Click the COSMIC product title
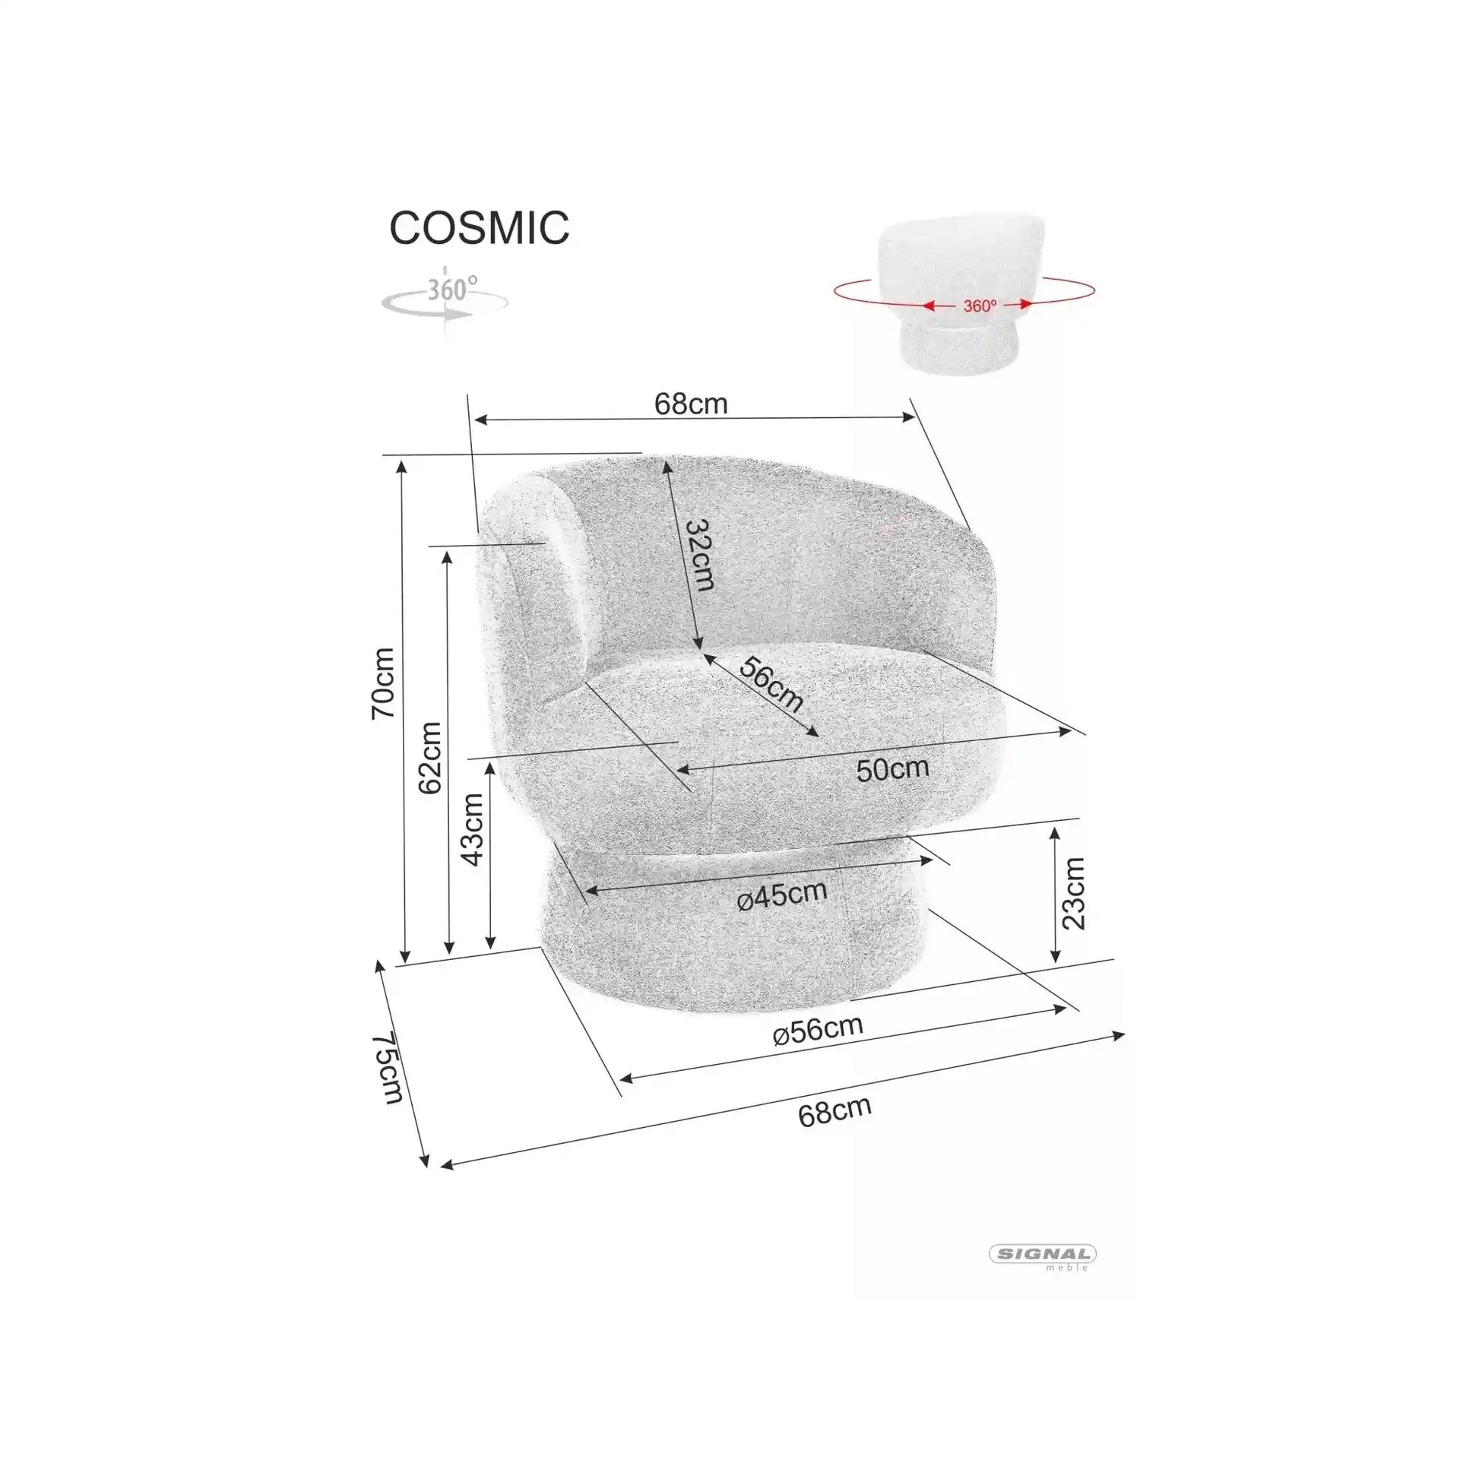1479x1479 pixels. click(x=480, y=227)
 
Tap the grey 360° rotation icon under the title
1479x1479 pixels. click(x=445, y=300)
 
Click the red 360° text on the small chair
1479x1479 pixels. click(x=980, y=306)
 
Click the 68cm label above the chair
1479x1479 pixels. click(x=691, y=404)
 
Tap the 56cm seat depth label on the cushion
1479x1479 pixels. click(x=771, y=683)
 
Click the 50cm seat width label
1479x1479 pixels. click(x=892, y=768)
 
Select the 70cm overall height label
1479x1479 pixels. click(x=383, y=682)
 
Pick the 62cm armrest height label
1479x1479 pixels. click(x=430, y=758)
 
